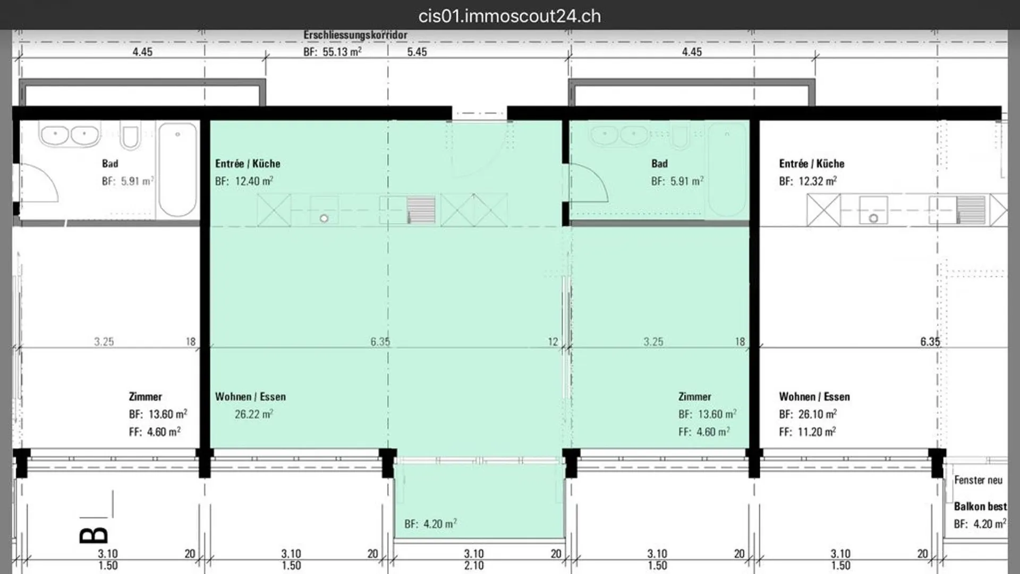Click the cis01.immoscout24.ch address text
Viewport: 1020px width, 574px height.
point(509,16)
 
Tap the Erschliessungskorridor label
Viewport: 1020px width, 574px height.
point(355,35)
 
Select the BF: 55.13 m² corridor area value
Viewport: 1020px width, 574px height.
point(333,52)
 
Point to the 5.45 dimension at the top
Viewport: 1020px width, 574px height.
point(417,52)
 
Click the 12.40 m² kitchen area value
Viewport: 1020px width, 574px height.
point(254,181)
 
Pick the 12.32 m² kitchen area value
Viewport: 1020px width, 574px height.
point(818,181)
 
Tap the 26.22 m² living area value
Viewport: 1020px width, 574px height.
point(254,414)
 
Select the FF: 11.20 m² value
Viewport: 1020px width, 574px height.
point(807,432)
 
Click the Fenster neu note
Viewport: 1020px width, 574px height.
point(978,480)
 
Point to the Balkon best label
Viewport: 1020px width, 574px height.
point(980,506)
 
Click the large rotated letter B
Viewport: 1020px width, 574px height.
point(93,535)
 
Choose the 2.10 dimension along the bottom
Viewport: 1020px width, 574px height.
point(474,565)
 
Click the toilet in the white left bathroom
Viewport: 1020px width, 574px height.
point(130,135)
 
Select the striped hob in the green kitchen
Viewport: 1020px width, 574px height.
point(421,209)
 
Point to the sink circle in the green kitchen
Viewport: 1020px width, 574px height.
point(324,218)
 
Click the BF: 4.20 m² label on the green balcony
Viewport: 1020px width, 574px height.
point(430,524)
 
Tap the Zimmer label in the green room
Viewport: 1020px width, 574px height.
point(694,396)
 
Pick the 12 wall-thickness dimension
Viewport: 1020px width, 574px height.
point(553,342)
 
